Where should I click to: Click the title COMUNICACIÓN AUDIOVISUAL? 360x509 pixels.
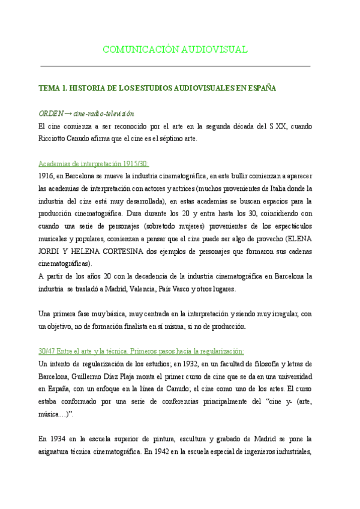[175, 49]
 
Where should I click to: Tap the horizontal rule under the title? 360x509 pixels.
[175, 66]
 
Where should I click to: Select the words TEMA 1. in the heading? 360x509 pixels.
[53, 88]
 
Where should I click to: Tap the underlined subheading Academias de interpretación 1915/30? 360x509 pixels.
[93, 164]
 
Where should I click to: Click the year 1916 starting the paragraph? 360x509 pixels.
[45, 176]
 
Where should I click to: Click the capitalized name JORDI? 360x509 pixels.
[52, 251]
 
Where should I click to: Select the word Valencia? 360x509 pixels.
[140, 289]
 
